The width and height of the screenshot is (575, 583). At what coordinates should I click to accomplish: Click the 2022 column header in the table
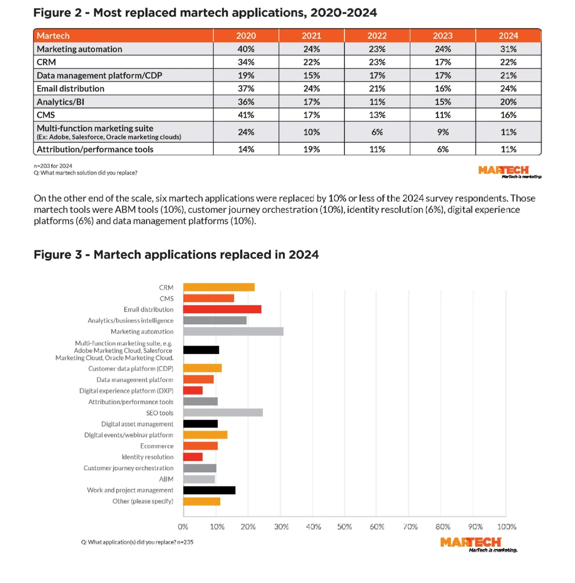pyautogui.click(x=377, y=36)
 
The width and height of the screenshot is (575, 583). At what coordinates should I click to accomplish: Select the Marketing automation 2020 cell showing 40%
pyautogui.click(x=246, y=49)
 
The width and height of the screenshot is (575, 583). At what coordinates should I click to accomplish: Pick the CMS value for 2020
pyautogui.click(x=246, y=114)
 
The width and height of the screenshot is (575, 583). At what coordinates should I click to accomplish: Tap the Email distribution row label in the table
pyautogui.click(x=70, y=88)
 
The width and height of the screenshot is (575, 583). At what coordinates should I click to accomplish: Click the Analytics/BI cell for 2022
pyautogui.click(x=377, y=102)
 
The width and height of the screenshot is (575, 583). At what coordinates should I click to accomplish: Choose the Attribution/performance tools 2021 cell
pyautogui.click(x=311, y=149)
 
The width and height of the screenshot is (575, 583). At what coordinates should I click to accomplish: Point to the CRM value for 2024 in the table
pyautogui.click(x=508, y=62)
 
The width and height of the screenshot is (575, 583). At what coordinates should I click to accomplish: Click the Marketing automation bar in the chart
pyautogui.click(x=233, y=332)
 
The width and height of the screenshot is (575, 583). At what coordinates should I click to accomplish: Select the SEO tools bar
pyautogui.click(x=223, y=413)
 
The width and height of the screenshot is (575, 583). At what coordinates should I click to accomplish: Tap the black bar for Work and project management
pyautogui.click(x=209, y=490)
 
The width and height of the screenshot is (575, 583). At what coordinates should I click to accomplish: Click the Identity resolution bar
pyautogui.click(x=193, y=457)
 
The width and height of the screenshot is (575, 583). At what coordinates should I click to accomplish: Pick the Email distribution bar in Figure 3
pyautogui.click(x=222, y=309)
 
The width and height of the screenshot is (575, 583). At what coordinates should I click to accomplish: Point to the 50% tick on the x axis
pyautogui.click(x=345, y=527)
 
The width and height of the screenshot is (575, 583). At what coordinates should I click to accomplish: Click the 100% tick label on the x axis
pyautogui.click(x=506, y=527)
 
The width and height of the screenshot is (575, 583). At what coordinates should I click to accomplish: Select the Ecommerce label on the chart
pyautogui.click(x=157, y=446)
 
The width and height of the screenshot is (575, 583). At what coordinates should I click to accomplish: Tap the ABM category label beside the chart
pyautogui.click(x=166, y=479)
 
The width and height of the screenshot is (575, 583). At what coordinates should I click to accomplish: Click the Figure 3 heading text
pyautogui.click(x=176, y=254)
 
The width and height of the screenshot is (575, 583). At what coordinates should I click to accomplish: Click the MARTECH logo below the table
pyautogui.click(x=510, y=171)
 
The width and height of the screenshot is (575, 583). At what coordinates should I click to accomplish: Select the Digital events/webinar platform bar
pyautogui.click(x=205, y=435)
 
